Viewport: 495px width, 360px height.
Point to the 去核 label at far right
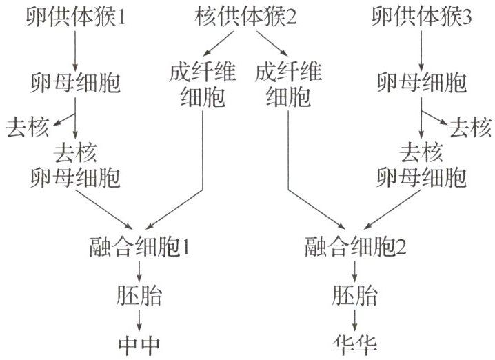pos(469,127)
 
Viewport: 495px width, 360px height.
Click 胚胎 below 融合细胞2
pos(354,297)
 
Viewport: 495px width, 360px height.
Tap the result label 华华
pos(354,343)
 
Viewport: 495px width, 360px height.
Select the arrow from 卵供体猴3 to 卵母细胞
pos(421,50)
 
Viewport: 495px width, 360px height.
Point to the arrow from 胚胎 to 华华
pos(354,320)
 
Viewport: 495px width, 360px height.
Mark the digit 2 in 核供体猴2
pos(291,17)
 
